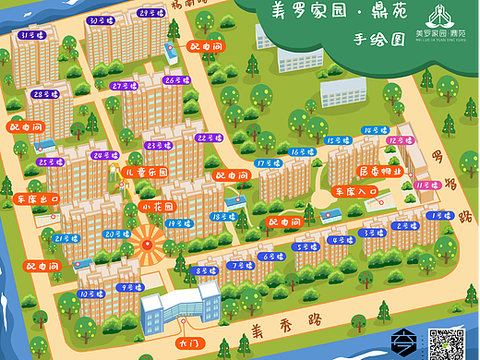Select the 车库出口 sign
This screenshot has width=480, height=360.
[x=37, y=198]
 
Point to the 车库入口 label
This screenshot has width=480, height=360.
[x=356, y=191]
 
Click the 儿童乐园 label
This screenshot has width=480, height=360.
[x=146, y=173]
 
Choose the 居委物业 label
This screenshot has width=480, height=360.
[x=379, y=172]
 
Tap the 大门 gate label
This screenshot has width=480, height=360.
[x=187, y=342]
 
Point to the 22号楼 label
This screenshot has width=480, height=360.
[x=207, y=138]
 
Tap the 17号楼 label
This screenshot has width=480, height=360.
[x=268, y=162]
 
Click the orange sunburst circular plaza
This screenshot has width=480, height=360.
[x=145, y=244]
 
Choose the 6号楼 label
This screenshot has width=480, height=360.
[x=272, y=257]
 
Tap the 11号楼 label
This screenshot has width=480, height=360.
[x=426, y=186]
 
